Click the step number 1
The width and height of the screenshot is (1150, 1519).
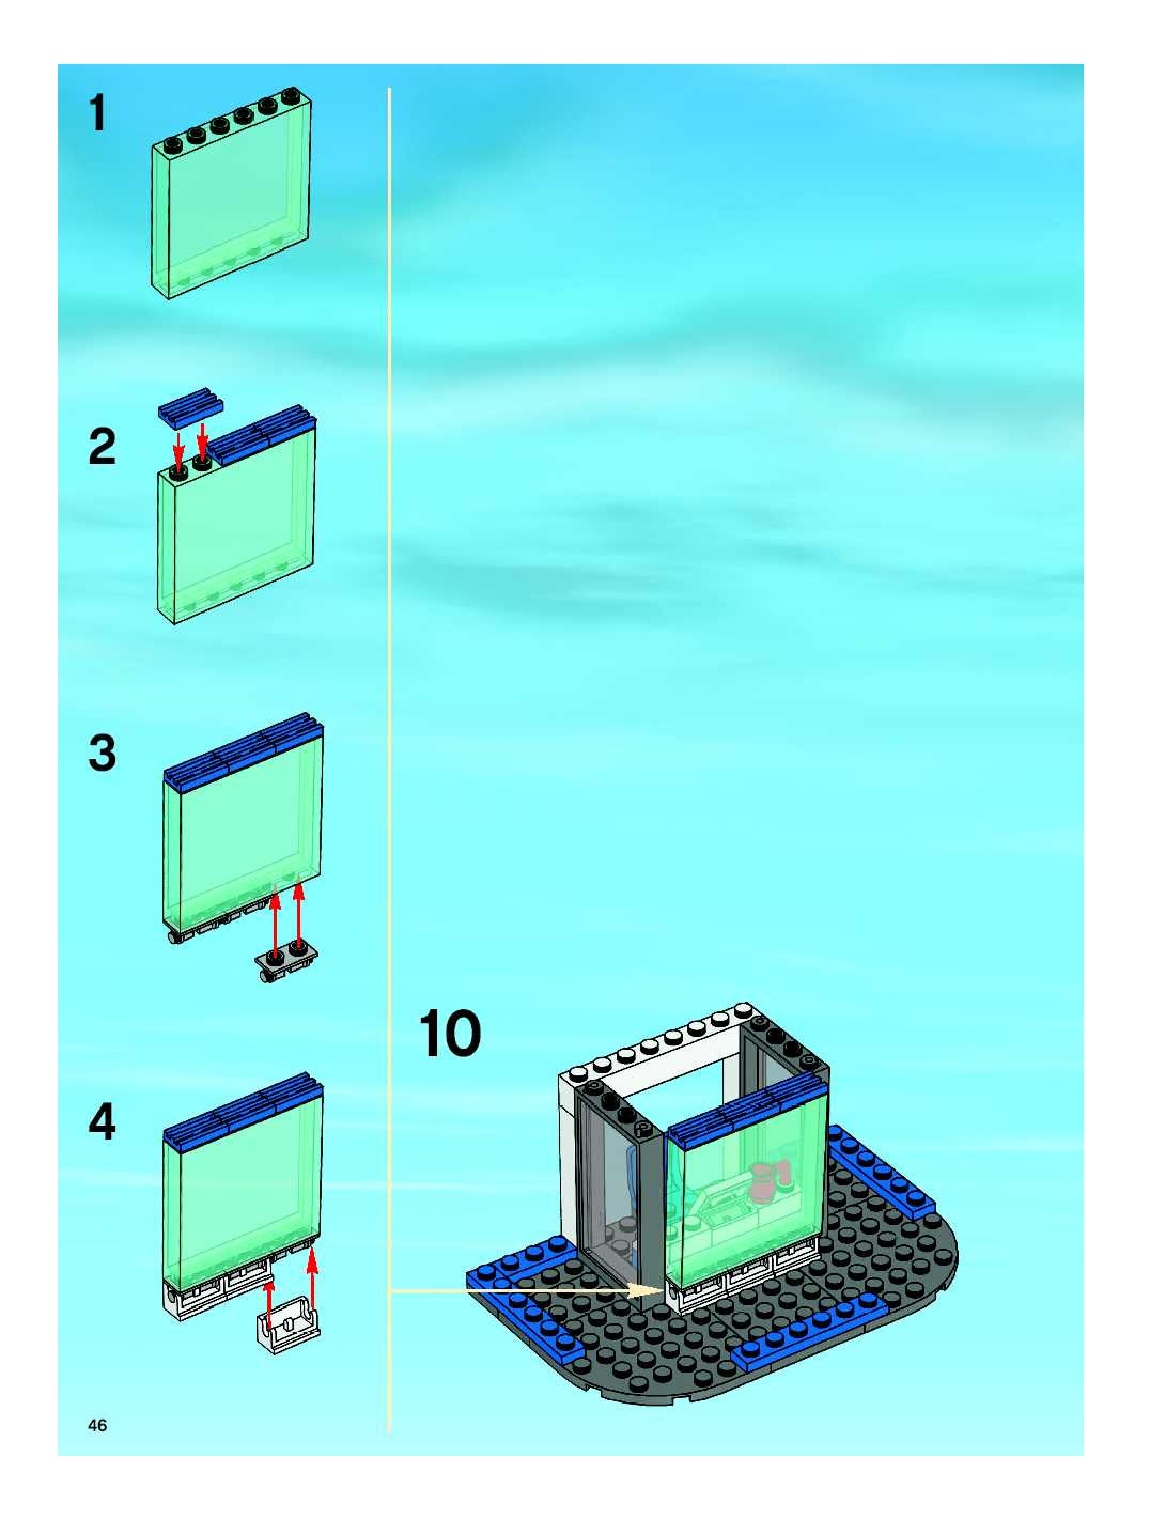pos(98,113)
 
